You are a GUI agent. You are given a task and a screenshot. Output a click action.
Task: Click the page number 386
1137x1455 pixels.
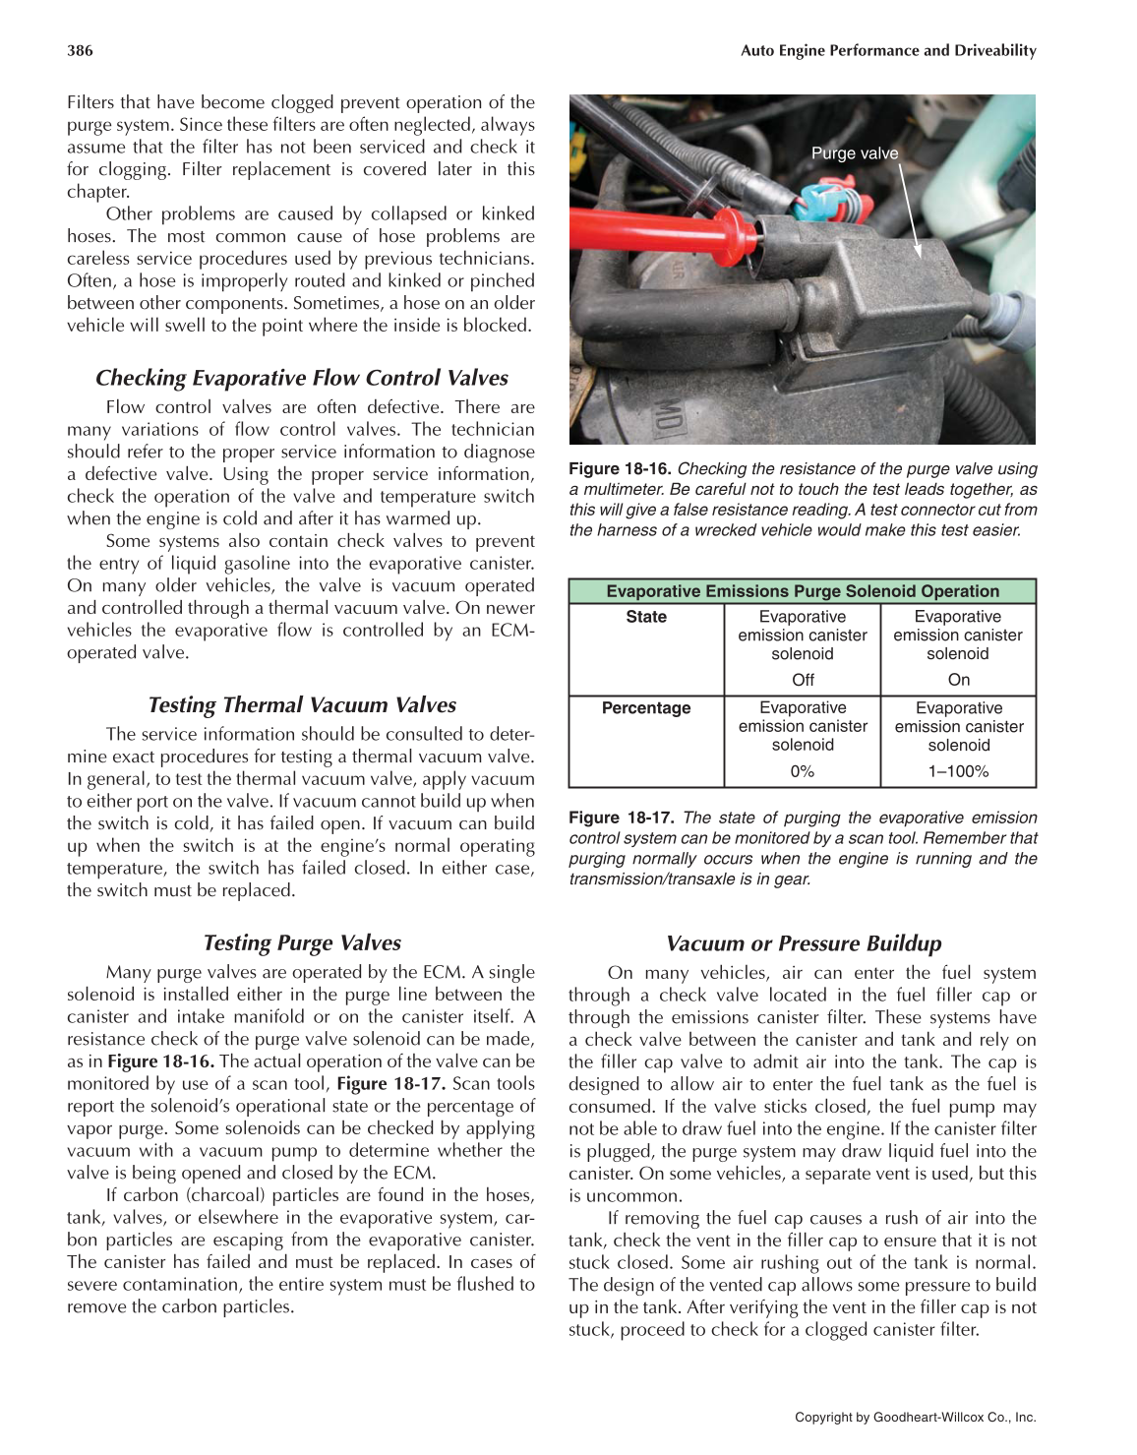[x=80, y=51]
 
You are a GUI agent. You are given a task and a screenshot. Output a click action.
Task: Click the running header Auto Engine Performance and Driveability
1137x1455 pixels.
[x=888, y=51]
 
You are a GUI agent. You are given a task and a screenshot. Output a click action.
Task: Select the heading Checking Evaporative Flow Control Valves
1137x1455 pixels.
[x=301, y=378]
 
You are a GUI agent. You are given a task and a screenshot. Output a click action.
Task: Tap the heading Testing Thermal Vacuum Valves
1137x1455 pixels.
[x=301, y=704]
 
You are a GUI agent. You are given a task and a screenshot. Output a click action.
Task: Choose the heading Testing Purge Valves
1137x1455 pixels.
[x=301, y=942]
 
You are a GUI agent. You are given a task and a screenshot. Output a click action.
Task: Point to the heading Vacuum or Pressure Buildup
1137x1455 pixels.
[x=803, y=943]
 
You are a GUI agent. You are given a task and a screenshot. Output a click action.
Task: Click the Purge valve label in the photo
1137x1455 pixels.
[x=854, y=153]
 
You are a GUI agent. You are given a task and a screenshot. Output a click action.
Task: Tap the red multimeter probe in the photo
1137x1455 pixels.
[x=669, y=236]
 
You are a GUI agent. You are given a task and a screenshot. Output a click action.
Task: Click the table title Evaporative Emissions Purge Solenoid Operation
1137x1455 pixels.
[x=802, y=591]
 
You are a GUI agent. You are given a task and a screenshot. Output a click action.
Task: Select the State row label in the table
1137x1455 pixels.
[x=646, y=617]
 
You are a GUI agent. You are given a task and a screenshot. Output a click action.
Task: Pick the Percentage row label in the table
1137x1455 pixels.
[x=646, y=708]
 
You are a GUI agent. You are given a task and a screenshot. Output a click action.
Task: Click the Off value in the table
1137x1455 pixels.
[x=803, y=680]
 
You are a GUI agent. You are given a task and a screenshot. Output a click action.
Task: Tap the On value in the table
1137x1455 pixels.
[x=958, y=680]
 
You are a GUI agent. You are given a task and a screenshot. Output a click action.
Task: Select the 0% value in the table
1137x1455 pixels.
[x=803, y=771]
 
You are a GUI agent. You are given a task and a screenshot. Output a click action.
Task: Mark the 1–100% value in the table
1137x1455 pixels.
[x=958, y=771]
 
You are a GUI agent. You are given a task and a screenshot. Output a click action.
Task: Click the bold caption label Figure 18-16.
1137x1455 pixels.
[x=620, y=469]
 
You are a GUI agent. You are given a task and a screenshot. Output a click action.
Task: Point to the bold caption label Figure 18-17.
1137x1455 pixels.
[x=621, y=818]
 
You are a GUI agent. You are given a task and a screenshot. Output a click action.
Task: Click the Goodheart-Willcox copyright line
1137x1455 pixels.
[x=915, y=1418]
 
